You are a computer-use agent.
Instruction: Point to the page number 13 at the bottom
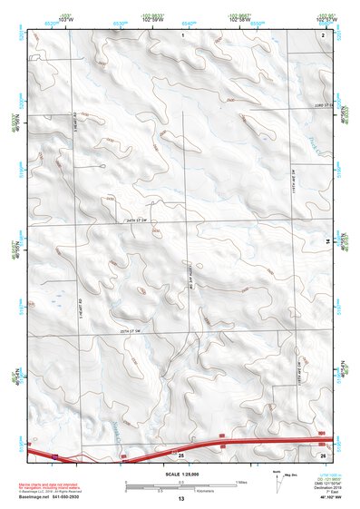[180, 499]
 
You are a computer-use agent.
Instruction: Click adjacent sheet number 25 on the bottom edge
[180, 453]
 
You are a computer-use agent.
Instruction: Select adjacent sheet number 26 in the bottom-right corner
[323, 453]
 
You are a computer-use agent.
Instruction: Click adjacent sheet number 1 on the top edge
[182, 34]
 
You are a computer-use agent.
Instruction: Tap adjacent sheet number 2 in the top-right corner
[323, 34]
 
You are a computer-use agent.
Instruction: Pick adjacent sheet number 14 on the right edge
[328, 240]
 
